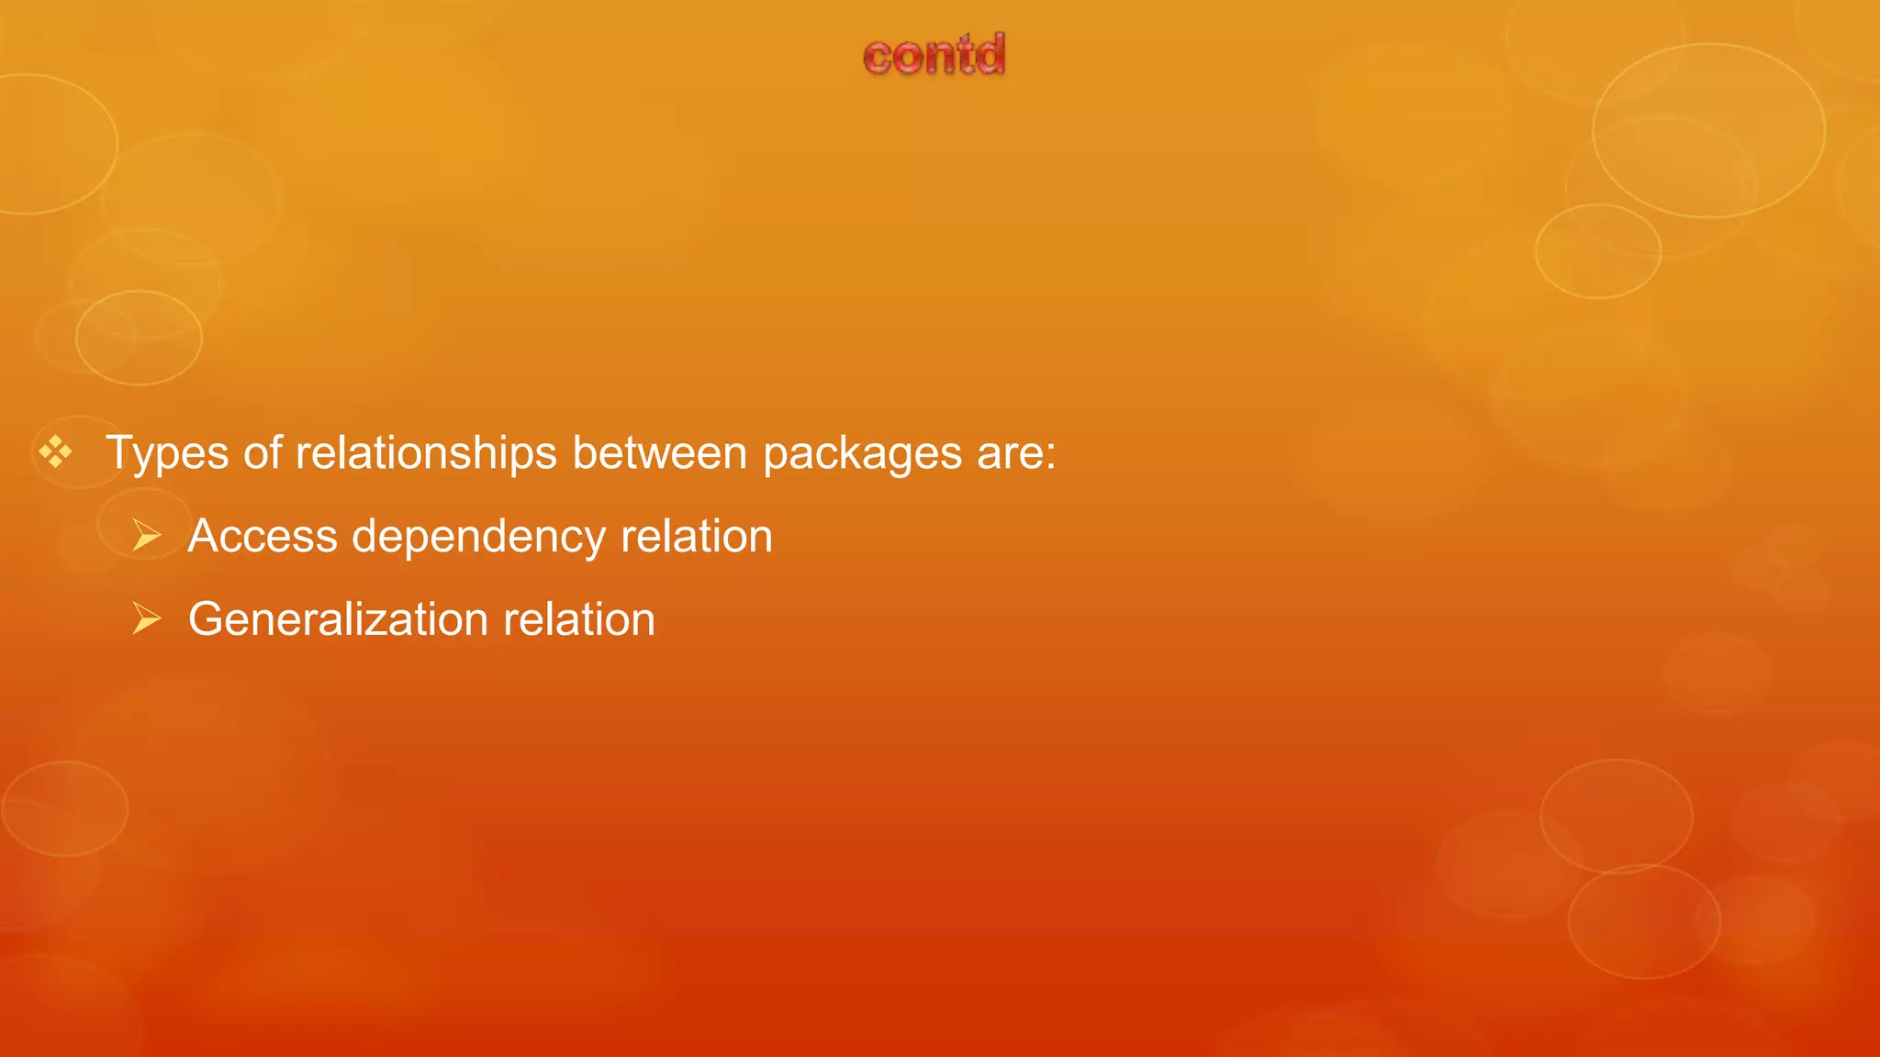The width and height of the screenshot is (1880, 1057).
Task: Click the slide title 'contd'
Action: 934,55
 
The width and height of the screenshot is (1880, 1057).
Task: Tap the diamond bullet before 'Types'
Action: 55,451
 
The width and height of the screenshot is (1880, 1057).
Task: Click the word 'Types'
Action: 167,454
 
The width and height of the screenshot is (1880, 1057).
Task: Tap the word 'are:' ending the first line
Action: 1016,453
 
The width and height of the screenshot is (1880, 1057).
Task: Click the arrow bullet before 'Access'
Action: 147,535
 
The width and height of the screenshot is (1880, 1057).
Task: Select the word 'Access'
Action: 263,536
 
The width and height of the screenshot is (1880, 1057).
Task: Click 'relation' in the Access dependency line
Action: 697,536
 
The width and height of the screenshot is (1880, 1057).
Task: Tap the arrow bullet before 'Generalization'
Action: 147,618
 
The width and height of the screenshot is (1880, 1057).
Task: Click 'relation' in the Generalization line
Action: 579,619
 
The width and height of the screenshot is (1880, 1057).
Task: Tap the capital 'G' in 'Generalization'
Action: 207,619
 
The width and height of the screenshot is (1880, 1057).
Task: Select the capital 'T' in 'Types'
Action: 122,452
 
